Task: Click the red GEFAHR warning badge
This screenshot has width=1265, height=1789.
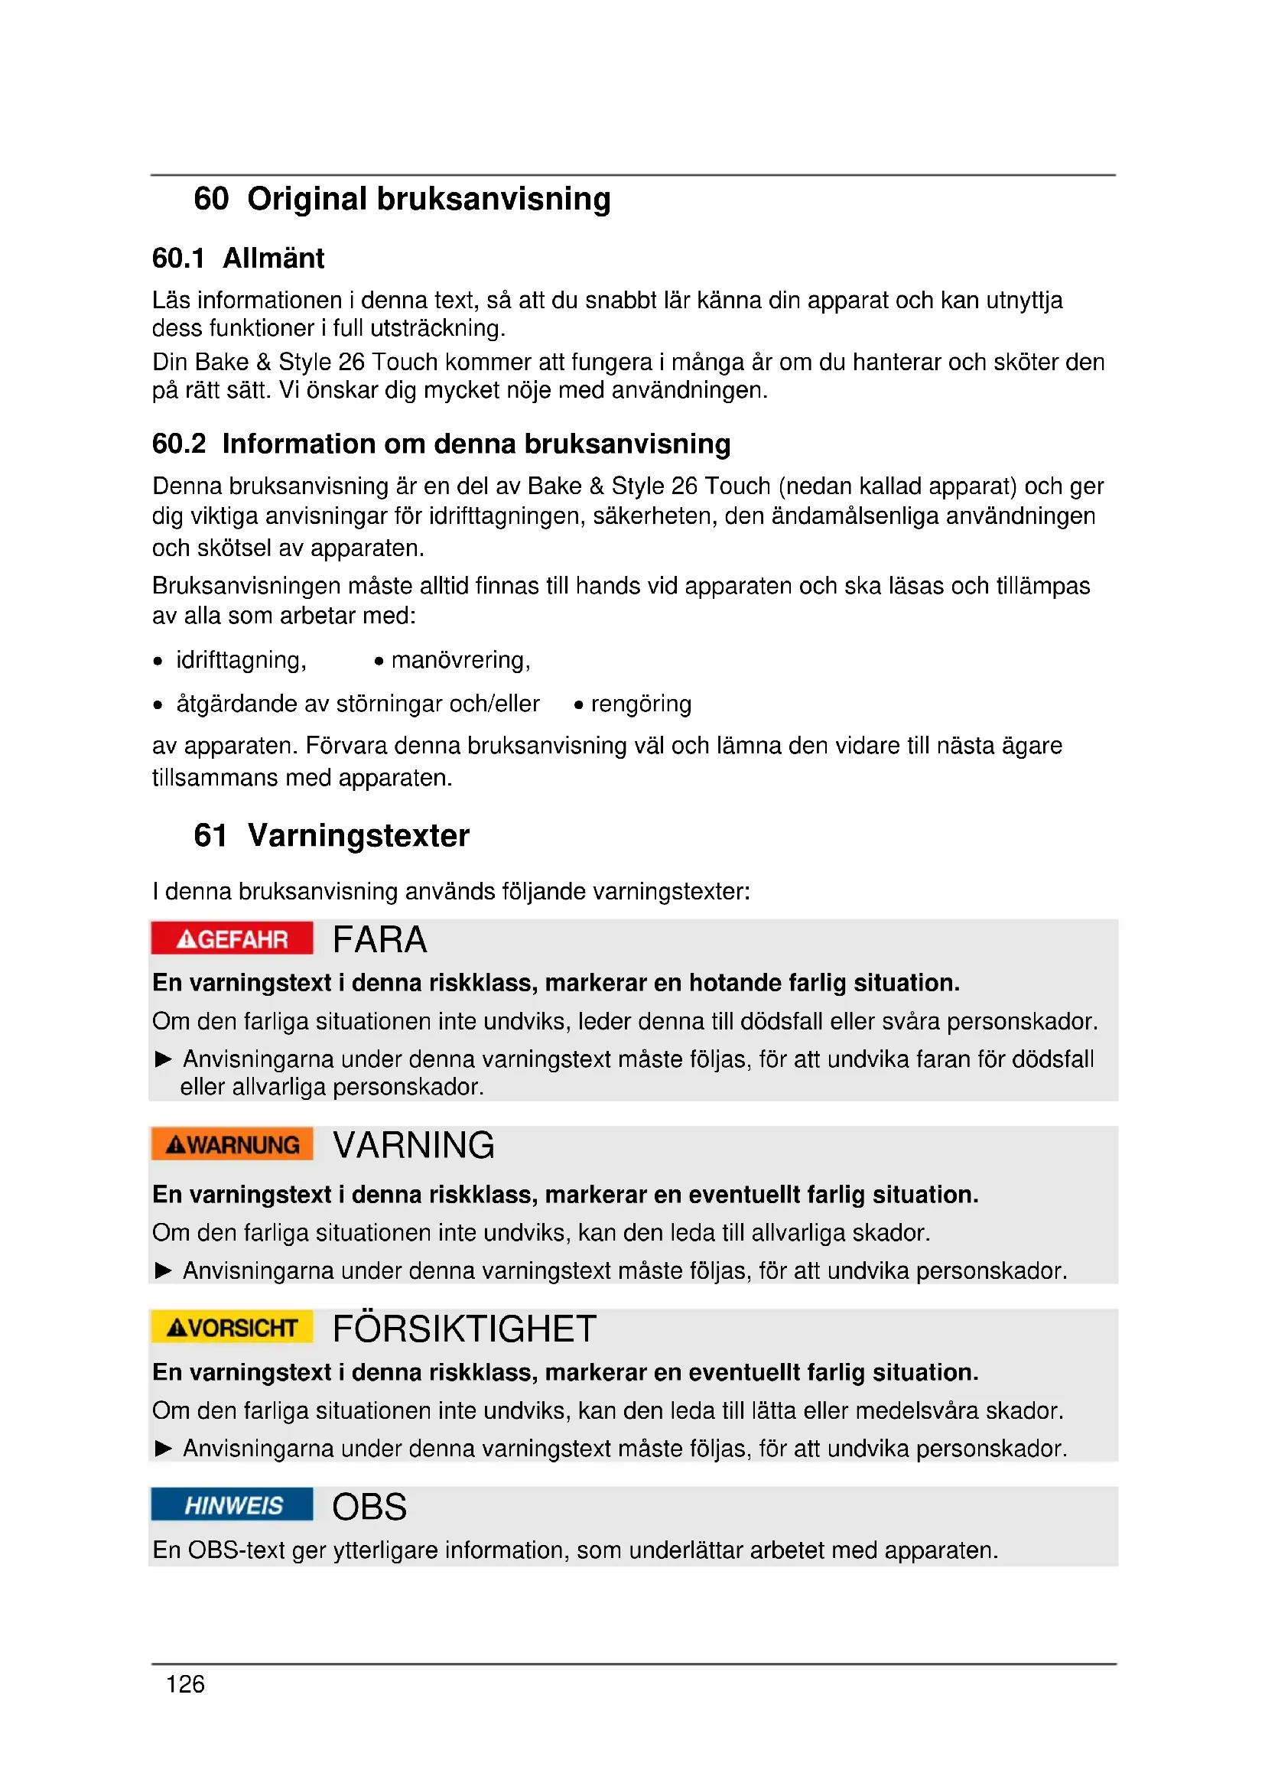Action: (x=233, y=939)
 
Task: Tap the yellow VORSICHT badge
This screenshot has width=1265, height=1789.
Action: (x=233, y=1327)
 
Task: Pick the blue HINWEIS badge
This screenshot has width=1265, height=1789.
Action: (x=233, y=1504)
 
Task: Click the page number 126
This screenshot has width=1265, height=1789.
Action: (x=184, y=1683)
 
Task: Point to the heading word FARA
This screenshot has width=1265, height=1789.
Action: (x=379, y=940)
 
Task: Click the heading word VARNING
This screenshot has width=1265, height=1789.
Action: (x=414, y=1146)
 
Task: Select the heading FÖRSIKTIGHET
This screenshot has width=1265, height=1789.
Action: (x=464, y=1329)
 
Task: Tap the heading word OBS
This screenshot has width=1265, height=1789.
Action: (x=369, y=1506)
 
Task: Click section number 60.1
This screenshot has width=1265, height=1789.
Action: (x=178, y=258)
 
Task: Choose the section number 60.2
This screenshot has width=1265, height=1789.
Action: (x=179, y=444)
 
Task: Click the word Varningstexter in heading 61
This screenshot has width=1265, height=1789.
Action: (x=358, y=835)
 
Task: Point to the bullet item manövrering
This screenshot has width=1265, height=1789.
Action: (x=460, y=660)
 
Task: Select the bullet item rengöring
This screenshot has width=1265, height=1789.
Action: (x=640, y=704)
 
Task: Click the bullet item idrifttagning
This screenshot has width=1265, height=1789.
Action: (x=241, y=660)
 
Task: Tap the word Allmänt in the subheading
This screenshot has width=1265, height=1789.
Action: (x=273, y=258)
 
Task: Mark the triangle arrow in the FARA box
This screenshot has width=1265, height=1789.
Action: (x=164, y=1059)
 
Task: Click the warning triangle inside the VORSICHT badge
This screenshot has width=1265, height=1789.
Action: (x=177, y=1328)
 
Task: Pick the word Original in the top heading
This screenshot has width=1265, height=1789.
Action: (x=307, y=199)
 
